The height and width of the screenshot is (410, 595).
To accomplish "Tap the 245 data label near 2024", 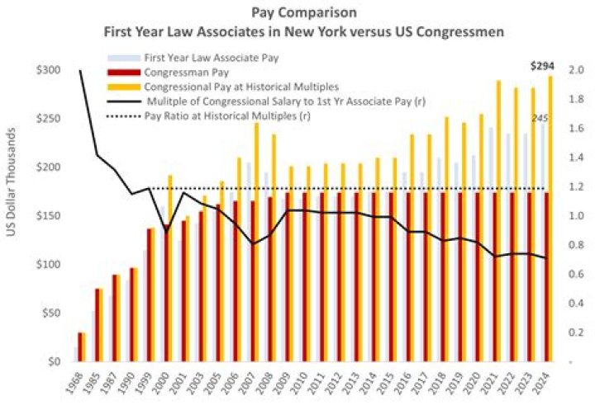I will [x=540, y=118].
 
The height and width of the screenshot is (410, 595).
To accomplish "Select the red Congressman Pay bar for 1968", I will [x=81, y=346].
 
